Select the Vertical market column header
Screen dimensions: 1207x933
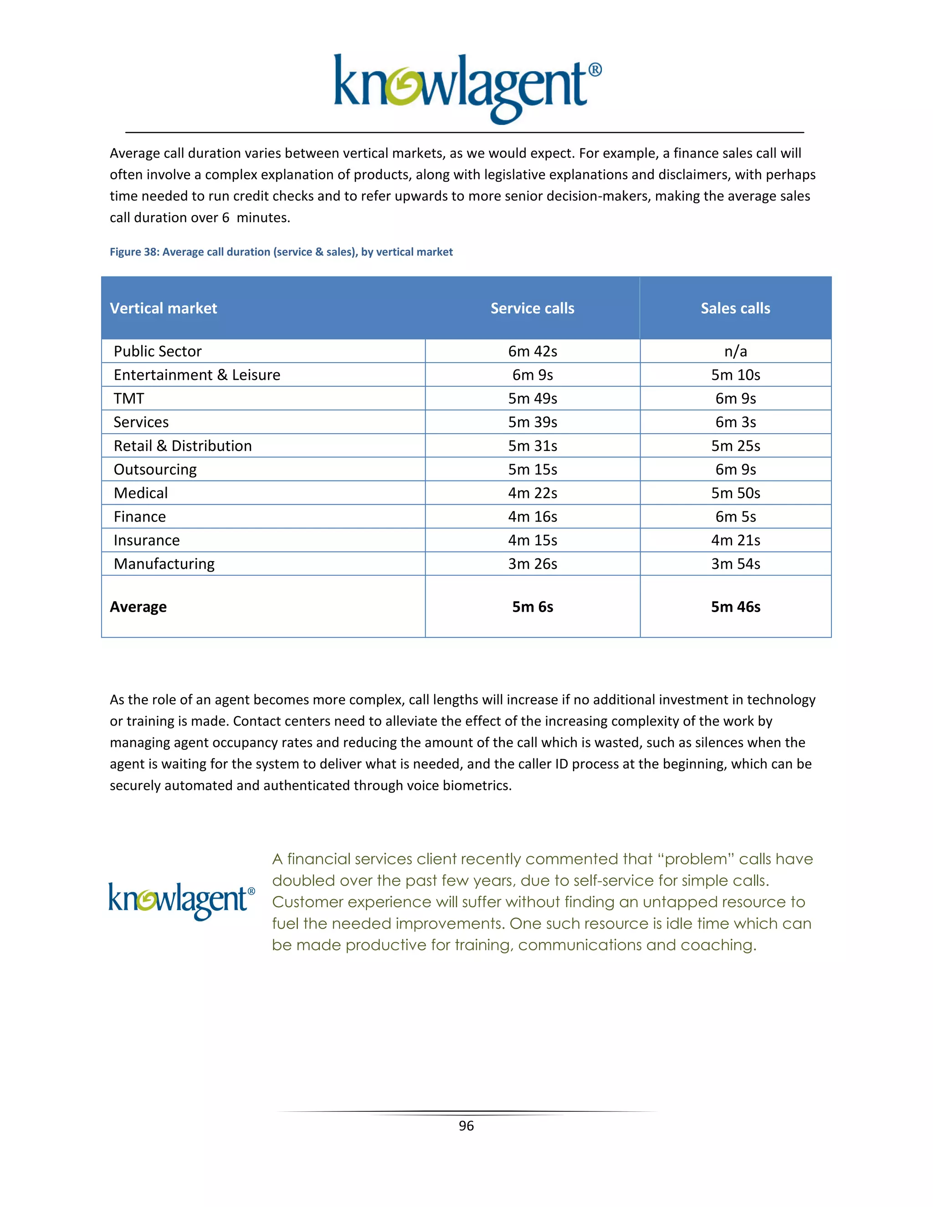[x=164, y=308]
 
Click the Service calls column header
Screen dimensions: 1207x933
[x=532, y=308]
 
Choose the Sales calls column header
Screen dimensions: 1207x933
[x=735, y=308]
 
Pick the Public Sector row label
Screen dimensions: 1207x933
[x=158, y=352]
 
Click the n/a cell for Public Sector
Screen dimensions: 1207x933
[x=735, y=352]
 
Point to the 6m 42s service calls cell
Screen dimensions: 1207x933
[x=532, y=352]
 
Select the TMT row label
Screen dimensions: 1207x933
[x=129, y=399]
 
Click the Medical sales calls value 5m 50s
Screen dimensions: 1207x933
[x=735, y=493]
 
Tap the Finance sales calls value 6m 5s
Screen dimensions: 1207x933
[x=735, y=517]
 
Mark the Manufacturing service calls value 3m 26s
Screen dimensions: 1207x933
[x=532, y=564]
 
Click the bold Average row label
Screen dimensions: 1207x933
[x=138, y=607]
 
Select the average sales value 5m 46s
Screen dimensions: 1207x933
[x=735, y=607]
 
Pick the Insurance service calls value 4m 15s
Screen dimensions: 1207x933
[x=532, y=540]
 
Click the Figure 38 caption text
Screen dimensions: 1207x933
[x=281, y=252]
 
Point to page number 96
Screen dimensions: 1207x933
[x=466, y=1126]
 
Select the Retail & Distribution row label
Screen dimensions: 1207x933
[x=182, y=446]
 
